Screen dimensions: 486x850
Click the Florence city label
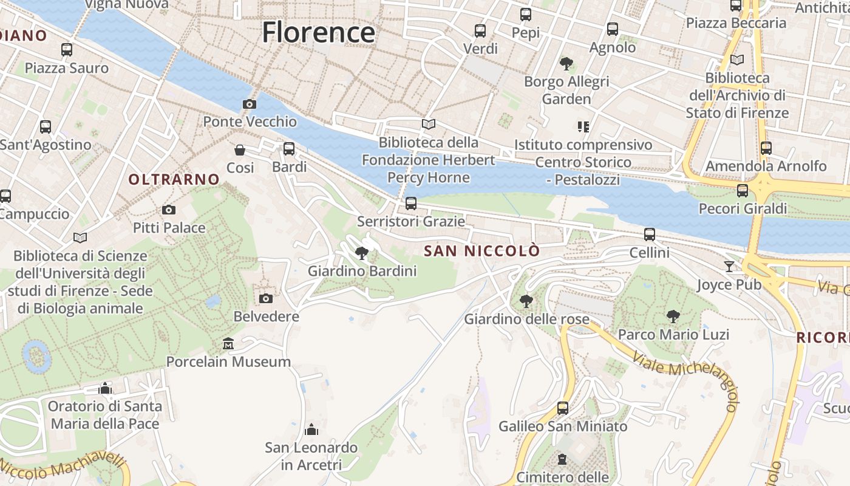click(x=318, y=32)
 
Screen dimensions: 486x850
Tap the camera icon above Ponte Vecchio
click(x=249, y=104)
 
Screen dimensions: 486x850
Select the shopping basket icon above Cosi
click(x=240, y=149)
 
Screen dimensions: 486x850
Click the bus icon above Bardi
click(x=289, y=148)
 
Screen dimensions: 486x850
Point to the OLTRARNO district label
click(x=174, y=179)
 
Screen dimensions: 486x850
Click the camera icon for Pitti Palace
click(x=169, y=210)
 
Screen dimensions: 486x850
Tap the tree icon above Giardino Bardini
click(x=362, y=253)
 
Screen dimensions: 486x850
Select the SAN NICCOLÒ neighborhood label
click(x=481, y=251)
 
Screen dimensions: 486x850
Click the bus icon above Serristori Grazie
click(x=411, y=203)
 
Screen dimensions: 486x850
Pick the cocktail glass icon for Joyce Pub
click(x=729, y=266)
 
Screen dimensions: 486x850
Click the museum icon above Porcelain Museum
click(x=228, y=344)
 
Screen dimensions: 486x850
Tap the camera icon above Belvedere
click(x=266, y=298)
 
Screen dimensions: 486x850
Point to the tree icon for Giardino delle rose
click(x=526, y=301)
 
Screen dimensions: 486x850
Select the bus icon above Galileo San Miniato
click(x=563, y=408)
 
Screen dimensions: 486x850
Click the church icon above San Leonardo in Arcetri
click(x=311, y=430)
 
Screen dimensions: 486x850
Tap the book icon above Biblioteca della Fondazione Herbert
click(x=429, y=125)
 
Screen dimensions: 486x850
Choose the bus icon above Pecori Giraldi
click(x=743, y=191)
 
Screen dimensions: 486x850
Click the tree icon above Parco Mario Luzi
click(x=673, y=316)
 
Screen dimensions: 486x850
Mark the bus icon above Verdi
click(x=480, y=30)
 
